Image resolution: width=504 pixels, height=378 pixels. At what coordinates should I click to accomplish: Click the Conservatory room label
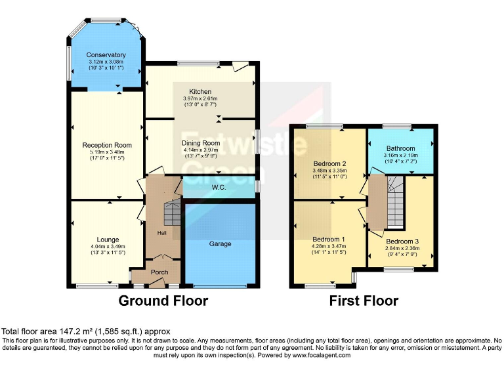click(x=106, y=55)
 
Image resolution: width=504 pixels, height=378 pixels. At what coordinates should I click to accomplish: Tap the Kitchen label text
click(x=200, y=91)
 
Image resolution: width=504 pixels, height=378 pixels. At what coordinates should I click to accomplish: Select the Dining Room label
click(x=200, y=143)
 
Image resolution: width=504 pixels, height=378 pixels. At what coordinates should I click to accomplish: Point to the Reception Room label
click(x=107, y=145)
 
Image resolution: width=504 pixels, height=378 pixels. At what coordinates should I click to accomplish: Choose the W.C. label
click(x=219, y=187)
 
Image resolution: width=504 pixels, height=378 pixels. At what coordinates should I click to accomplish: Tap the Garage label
click(x=220, y=243)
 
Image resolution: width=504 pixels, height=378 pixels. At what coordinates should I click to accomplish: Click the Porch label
click(x=159, y=272)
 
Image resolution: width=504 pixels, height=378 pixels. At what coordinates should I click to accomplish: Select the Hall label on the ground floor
click(x=161, y=233)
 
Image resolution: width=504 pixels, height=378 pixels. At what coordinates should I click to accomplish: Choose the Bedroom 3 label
click(x=402, y=241)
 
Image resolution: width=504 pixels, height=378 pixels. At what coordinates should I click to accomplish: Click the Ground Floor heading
click(x=163, y=301)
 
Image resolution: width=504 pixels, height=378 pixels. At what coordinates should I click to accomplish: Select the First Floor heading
click(x=363, y=301)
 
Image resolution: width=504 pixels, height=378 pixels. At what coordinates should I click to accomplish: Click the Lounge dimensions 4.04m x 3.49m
click(x=107, y=247)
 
